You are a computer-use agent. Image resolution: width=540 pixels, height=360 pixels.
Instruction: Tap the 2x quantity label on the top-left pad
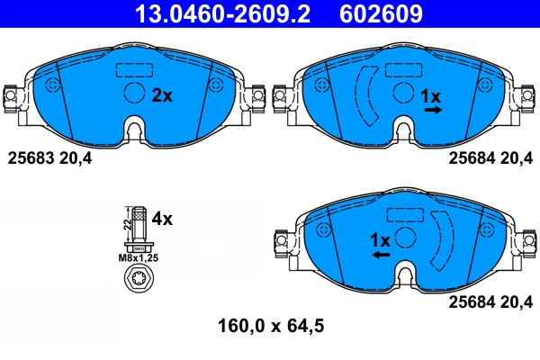click(162, 94)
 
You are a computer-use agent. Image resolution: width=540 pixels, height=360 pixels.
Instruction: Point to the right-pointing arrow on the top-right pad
click(433, 110)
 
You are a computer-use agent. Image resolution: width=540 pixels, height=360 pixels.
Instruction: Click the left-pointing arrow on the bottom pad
click(381, 256)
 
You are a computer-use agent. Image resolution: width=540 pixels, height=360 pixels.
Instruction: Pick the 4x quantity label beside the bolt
click(163, 218)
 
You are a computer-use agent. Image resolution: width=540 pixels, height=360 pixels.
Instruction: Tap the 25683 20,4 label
click(49, 158)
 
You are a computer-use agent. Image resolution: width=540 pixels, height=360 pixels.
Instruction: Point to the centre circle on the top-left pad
click(133, 93)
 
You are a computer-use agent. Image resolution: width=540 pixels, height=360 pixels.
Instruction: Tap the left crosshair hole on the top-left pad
click(51, 85)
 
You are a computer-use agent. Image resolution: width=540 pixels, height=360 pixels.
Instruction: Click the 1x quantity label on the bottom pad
click(380, 240)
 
